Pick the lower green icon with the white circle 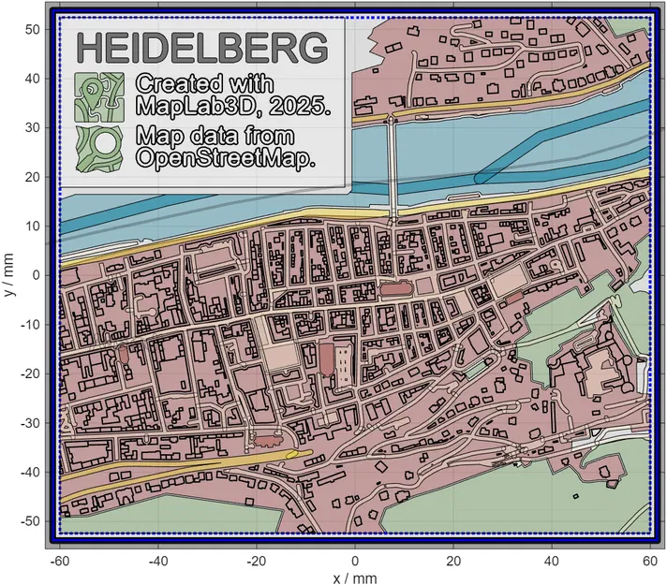pyautogui.click(x=99, y=148)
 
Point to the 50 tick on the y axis pyautogui.click(x=32, y=29)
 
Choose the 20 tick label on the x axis pyautogui.click(x=453, y=561)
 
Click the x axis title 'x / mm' pyautogui.click(x=355, y=577)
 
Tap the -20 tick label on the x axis pyautogui.click(x=255, y=561)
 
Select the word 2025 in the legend pyautogui.click(x=302, y=106)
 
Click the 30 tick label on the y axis pyautogui.click(x=32, y=127)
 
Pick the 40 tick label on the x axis pyautogui.click(x=553, y=561)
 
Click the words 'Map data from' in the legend pyautogui.click(x=215, y=136)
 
